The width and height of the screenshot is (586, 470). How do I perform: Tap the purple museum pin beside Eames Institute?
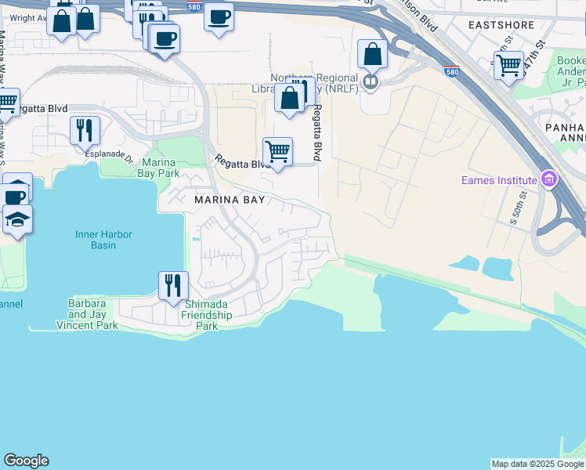(x=549, y=181)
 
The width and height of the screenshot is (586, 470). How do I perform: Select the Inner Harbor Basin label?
(x=103, y=240)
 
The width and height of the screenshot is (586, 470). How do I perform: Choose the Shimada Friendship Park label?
(x=207, y=315)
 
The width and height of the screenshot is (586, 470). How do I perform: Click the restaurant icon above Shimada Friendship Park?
(x=173, y=284)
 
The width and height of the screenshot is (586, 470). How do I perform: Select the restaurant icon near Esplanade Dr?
(x=85, y=130)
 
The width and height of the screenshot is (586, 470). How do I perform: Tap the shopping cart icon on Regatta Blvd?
(x=277, y=151)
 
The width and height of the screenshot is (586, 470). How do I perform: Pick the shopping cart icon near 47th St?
(x=509, y=65)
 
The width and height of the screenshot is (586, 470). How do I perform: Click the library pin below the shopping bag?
(x=371, y=81)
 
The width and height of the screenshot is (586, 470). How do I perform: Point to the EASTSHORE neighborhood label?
(x=501, y=25)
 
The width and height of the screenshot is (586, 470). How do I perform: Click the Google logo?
(x=26, y=461)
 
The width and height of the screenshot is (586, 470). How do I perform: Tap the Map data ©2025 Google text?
(x=537, y=464)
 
